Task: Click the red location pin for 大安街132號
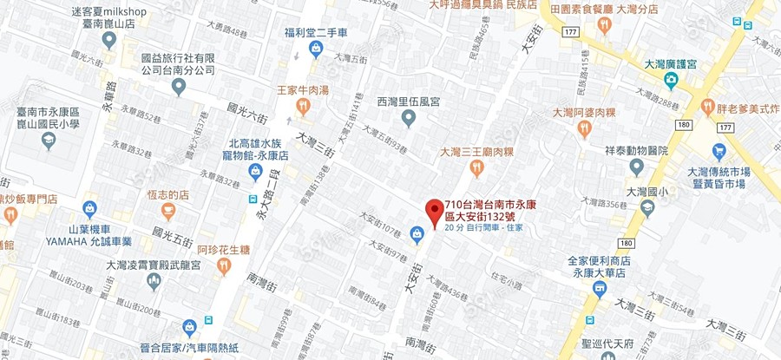432,209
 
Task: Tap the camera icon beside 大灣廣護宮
670,80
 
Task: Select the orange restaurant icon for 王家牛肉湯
303,106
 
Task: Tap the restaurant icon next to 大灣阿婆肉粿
584,128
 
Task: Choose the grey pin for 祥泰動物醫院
637,166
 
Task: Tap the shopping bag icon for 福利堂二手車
316,49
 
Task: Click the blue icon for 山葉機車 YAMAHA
89,209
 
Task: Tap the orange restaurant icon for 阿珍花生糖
225,266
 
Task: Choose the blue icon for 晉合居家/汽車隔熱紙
189,327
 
